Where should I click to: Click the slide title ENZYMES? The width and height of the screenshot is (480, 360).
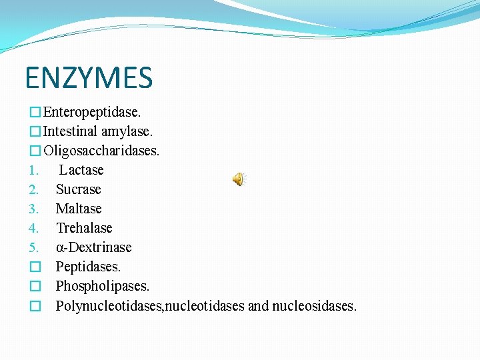point(89,77)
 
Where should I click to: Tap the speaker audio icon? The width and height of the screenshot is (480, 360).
point(239,179)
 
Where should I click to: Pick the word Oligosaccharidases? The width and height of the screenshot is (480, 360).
point(101,151)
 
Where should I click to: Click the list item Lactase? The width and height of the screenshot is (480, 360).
point(81,170)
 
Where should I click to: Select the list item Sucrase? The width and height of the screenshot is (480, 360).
point(78,189)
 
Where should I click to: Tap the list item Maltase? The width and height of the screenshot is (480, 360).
point(79,209)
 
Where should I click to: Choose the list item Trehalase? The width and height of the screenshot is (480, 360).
point(84,228)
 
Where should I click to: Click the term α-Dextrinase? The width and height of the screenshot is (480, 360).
point(93,247)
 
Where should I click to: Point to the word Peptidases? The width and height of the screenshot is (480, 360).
point(89,267)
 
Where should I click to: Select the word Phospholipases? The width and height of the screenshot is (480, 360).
point(103,286)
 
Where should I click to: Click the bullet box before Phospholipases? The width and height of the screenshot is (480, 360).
point(35,287)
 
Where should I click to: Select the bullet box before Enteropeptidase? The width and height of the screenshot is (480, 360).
point(35,112)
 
